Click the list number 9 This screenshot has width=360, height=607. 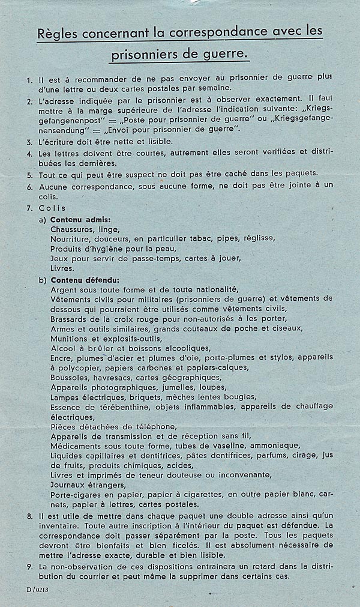point(30,567)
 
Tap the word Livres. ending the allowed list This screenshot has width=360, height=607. point(62,268)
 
